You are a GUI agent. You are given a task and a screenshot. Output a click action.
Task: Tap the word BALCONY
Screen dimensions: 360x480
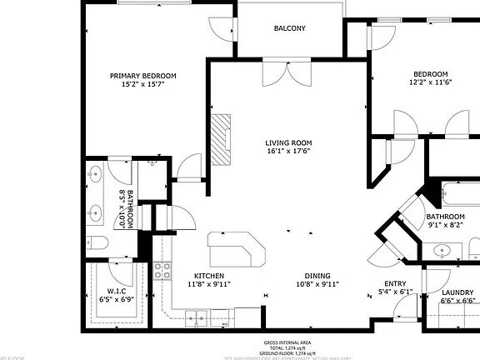pos(289,29)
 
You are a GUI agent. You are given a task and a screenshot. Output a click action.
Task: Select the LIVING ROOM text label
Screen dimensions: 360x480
pos(288,142)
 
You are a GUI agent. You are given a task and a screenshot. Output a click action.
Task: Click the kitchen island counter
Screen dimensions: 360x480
pos(235,247)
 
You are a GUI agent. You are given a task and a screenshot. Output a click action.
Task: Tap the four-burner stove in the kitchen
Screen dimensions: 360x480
pos(162,270)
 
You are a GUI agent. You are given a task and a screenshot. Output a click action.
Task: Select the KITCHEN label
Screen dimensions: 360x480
pos(210,276)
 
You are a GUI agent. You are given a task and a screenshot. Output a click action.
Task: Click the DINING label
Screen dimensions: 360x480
pos(317,276)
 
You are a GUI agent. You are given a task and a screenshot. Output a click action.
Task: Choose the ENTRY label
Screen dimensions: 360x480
pos(394,283)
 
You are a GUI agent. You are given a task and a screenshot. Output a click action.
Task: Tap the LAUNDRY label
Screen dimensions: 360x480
pos(457,292)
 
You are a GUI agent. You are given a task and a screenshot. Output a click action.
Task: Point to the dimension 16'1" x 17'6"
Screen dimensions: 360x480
pos(288,152)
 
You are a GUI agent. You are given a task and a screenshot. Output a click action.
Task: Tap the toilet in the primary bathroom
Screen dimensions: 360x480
pos(97,242)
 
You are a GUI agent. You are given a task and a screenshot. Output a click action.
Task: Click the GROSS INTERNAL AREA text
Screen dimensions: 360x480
pos(288,342)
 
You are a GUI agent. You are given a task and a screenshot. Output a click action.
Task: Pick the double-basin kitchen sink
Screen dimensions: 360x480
pos(197,315)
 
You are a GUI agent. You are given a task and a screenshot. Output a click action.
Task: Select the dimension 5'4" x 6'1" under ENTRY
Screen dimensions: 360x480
pos(394,292)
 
